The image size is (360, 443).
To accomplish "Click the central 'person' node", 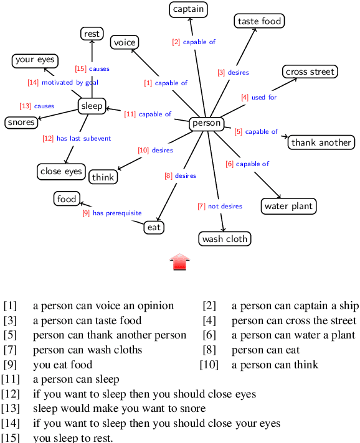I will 206,123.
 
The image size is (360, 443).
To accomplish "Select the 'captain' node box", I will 188,9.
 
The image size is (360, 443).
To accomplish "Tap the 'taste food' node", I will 260,21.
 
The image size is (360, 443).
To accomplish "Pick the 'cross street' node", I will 310,72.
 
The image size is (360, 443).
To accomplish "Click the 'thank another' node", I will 321,142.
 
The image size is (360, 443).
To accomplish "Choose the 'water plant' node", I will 289,206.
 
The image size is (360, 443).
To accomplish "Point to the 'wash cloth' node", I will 225,239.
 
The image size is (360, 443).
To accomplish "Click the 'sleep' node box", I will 92,106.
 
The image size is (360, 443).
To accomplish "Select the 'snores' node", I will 21,122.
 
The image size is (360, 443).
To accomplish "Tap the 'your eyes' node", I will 35,60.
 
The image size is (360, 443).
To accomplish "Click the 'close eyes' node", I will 61,171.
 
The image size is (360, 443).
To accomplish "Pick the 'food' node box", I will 67,199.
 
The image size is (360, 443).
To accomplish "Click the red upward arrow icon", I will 180,262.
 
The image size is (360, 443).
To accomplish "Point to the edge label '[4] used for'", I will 259,98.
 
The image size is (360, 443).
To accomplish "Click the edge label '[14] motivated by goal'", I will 63,82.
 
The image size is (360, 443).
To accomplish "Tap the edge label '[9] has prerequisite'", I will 112,213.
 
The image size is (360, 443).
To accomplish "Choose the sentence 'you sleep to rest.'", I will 73,437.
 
